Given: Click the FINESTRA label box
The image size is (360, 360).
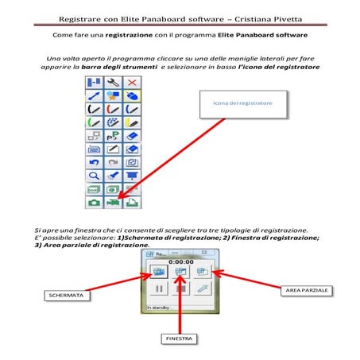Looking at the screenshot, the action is pyautogui.click(x=182, y=339).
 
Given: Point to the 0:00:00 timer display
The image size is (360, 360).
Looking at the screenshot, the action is pyautogui.click(x=182, y=260).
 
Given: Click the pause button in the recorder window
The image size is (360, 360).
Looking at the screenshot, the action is pyautogui.click(x=160, y=290).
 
